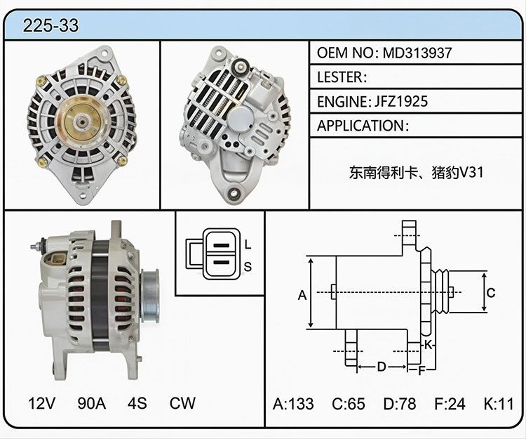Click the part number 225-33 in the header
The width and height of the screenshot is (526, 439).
[50, 25]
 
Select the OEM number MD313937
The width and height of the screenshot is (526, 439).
[417, 53]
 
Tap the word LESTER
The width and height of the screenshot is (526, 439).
[339, 77]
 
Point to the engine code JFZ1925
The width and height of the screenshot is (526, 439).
[401, 101]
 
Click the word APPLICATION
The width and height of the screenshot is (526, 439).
[360, 126]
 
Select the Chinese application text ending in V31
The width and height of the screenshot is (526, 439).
[417, 173]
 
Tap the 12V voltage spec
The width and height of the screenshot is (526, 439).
[42, 403]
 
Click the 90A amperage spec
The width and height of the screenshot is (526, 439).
[92, 403]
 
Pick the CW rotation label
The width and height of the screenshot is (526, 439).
[182, 403]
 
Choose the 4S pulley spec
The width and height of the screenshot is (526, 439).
[137, 403]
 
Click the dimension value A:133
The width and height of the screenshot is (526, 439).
[293, 404]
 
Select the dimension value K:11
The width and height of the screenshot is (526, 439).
[499, 404]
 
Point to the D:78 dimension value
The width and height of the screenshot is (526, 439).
[400, 404]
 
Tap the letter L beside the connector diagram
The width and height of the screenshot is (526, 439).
[248, 244]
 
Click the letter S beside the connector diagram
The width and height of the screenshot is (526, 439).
[248, 267]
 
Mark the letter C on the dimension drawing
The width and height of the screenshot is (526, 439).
[491, 293]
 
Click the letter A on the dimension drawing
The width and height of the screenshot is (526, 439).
[302, 295]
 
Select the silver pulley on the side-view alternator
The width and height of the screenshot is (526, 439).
[149, 296]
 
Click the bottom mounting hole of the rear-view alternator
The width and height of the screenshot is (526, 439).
[234, 192]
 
